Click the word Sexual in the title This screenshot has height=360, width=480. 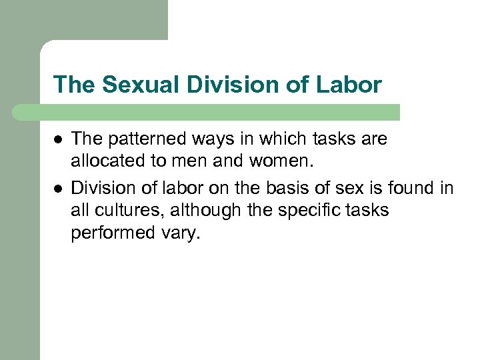pyautogui.click(x=131, y=85)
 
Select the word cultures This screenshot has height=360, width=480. pyautogui.click(x=128, y=210)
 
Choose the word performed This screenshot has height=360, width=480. pyautogui.click(x=111, y=234)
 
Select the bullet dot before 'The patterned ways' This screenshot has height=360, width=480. pyautogui.click(x=58, y=140)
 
